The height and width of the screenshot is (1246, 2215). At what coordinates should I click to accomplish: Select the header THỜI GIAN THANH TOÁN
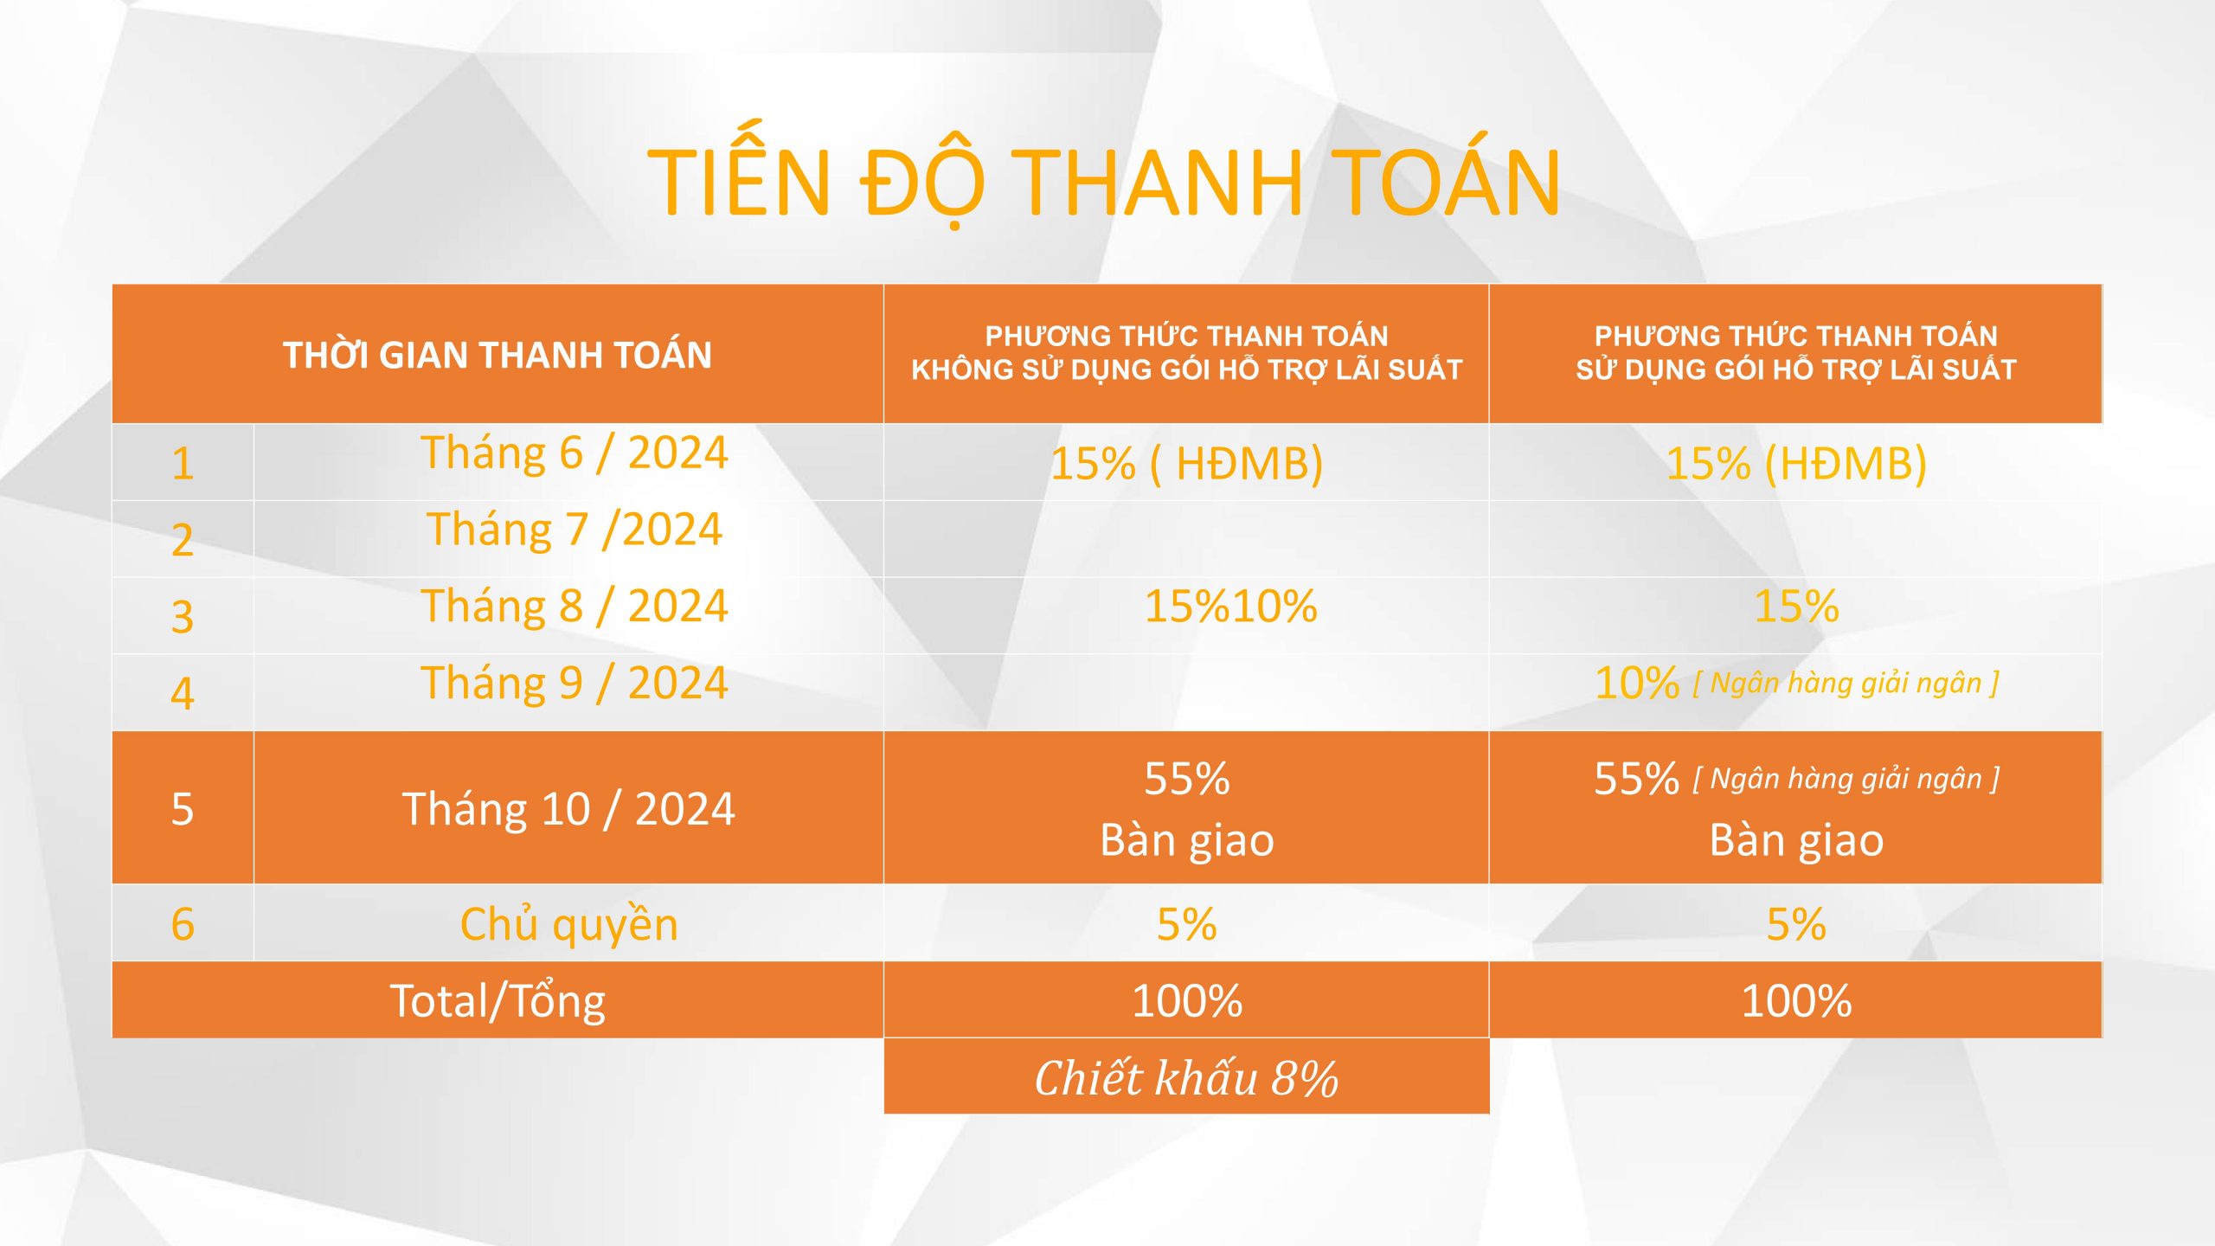[x=498, y=355]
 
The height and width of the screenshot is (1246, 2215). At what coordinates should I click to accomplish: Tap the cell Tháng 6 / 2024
[x=575, y=453]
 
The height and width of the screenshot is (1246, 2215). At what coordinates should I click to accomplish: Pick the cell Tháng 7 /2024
[x=575, y=529]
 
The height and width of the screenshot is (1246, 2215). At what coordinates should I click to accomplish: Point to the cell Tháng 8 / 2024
[x=575, y=606]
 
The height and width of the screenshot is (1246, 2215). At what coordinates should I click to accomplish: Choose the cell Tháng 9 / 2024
[x=575, y=683]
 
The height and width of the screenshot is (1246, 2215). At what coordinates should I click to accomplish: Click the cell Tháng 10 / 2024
[x=568, y=809]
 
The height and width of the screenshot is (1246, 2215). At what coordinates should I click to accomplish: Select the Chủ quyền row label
[x=568, y=923]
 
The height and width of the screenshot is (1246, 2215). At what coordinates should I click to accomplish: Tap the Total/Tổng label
[x=498, y=1001]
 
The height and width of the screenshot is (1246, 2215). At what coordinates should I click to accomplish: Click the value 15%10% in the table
[x=1230, y=606]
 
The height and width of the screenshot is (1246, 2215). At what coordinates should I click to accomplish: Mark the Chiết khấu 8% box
[x=1186, y=1076]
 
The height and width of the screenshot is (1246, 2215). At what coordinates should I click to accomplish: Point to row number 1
[x=182, y=464]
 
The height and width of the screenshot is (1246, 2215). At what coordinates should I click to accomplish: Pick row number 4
[x=182, y=693]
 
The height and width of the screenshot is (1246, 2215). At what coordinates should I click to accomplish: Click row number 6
[x=182, y=924]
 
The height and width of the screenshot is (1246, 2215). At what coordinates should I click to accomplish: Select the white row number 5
[x=182, y=809]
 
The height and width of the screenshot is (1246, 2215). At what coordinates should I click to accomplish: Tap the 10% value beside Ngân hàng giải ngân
[x=1636, y=684]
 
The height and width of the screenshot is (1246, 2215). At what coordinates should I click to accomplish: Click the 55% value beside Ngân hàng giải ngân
[x=1636, y=779]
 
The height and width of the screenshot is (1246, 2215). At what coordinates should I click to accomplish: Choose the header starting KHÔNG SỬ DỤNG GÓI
[x=1186, y=369]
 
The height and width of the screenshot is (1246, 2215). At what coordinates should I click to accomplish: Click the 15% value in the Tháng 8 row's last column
[x=1796, y=606]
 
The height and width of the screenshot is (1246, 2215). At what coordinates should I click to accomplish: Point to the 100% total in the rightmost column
[x=1796, y=1001]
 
